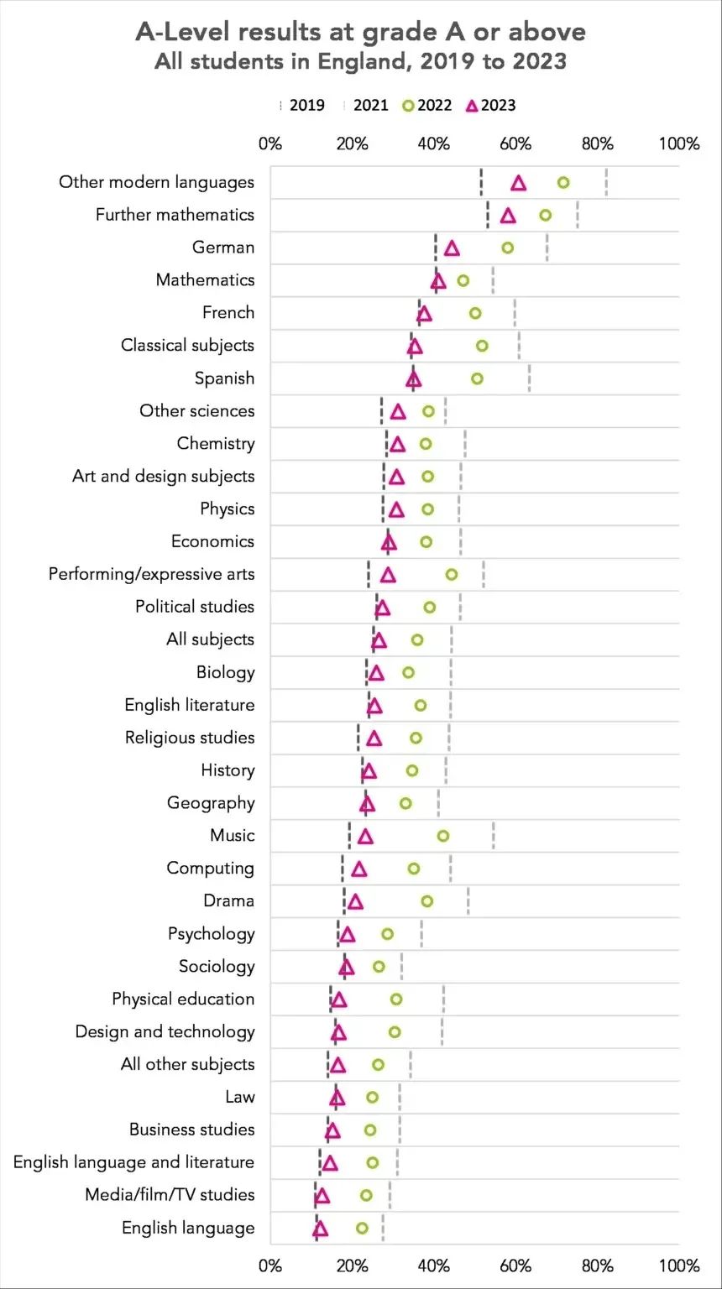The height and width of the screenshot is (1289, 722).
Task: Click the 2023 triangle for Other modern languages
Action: click(x=519, y=184)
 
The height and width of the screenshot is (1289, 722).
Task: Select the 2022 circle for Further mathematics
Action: click(x=546, y=216)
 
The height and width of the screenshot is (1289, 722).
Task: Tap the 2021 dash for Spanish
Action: click(x=529, y=378)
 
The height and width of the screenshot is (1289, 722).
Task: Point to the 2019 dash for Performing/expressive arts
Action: click(x=369, y=575)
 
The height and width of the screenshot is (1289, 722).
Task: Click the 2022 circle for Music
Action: click(x=443, y=836)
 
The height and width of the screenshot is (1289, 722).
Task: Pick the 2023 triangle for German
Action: click(x=452, y=248)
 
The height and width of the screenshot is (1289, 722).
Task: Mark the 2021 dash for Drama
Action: click(x=468, y=901)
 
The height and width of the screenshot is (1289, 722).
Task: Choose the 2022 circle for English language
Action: click(x=362, y=1229)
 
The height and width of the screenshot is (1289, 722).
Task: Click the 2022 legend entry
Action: click(x=427, y=106)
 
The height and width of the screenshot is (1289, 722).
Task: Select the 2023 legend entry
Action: click(x=491, y=106)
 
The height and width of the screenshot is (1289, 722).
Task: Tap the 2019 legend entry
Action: click(x=301, y=106)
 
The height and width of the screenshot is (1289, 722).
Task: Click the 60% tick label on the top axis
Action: click(x=515, y=144)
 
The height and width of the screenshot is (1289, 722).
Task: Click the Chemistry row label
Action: click(x=216, y=444)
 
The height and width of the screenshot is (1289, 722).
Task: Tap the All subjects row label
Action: click(x=210, y=639)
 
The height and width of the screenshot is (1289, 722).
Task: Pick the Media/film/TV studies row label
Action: click(x=170, y=1195)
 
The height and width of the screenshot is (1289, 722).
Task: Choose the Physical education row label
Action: click(x=183, y=999)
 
